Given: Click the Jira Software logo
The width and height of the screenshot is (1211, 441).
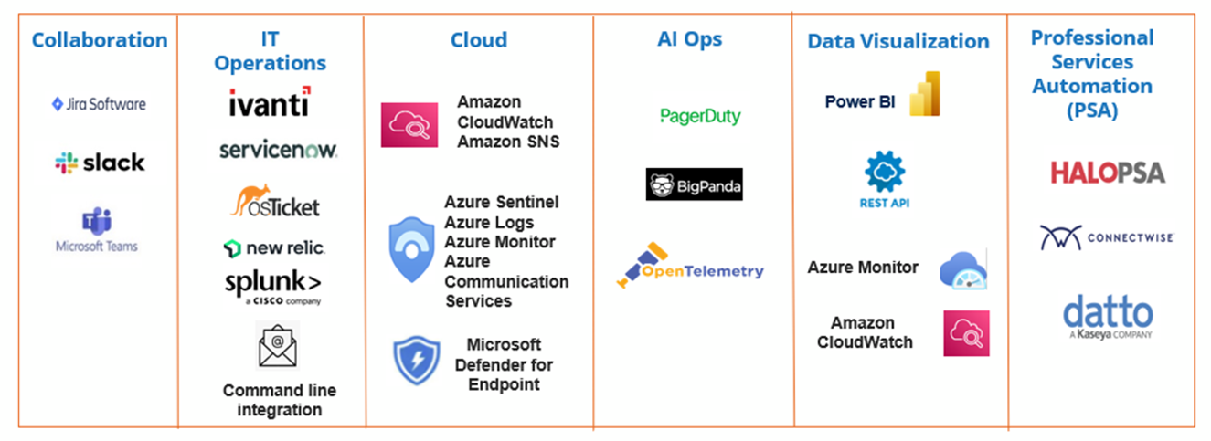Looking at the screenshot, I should [x=99, y=104].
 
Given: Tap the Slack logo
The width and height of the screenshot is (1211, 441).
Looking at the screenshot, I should [x=99, y=163].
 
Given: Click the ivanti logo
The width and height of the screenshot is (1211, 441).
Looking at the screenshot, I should [x=269, y=102].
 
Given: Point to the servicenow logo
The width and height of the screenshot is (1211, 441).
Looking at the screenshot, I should [x=278, y=150].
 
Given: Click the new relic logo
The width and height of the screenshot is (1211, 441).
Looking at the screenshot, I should [x=273, y=247].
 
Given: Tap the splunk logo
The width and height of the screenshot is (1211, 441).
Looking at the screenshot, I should [x=272, y=284].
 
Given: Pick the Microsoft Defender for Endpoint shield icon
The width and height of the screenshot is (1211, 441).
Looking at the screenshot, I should [x=416, y=361].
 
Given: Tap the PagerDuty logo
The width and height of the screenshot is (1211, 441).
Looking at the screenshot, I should [x=700, y=117].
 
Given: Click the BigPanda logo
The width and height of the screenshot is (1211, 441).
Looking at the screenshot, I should [x=694, y=184].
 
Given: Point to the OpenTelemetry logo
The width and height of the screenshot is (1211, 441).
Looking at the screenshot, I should [x=690, y=268].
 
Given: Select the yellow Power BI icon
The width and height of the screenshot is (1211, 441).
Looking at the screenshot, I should [x=924, y=94].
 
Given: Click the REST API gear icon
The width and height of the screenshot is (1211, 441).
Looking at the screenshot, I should [x=884, y=173].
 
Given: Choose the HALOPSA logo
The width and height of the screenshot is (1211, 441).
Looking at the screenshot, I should [x=1108, y=173].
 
